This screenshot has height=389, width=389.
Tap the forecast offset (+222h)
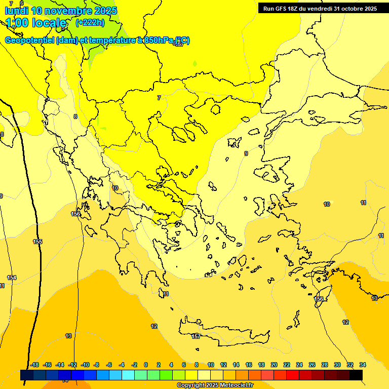pos(90,22)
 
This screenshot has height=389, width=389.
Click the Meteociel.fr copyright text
pos(215,385)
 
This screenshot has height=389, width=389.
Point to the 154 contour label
pos(12,278)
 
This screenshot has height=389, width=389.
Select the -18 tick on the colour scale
pos(34,365)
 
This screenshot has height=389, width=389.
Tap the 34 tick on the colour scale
pos(363,365)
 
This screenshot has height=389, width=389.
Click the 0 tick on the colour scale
pos(146,365)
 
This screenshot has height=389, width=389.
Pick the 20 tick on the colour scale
pos(274,365)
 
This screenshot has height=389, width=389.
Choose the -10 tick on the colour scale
pos(85,365)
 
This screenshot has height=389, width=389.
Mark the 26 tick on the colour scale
pos(312,365)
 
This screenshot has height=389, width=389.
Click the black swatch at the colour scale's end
pos(356,375)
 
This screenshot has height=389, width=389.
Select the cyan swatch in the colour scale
pos(128,375)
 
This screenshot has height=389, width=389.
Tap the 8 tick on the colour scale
pos(197,365)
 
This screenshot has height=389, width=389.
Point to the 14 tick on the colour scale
pos(236,365)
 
